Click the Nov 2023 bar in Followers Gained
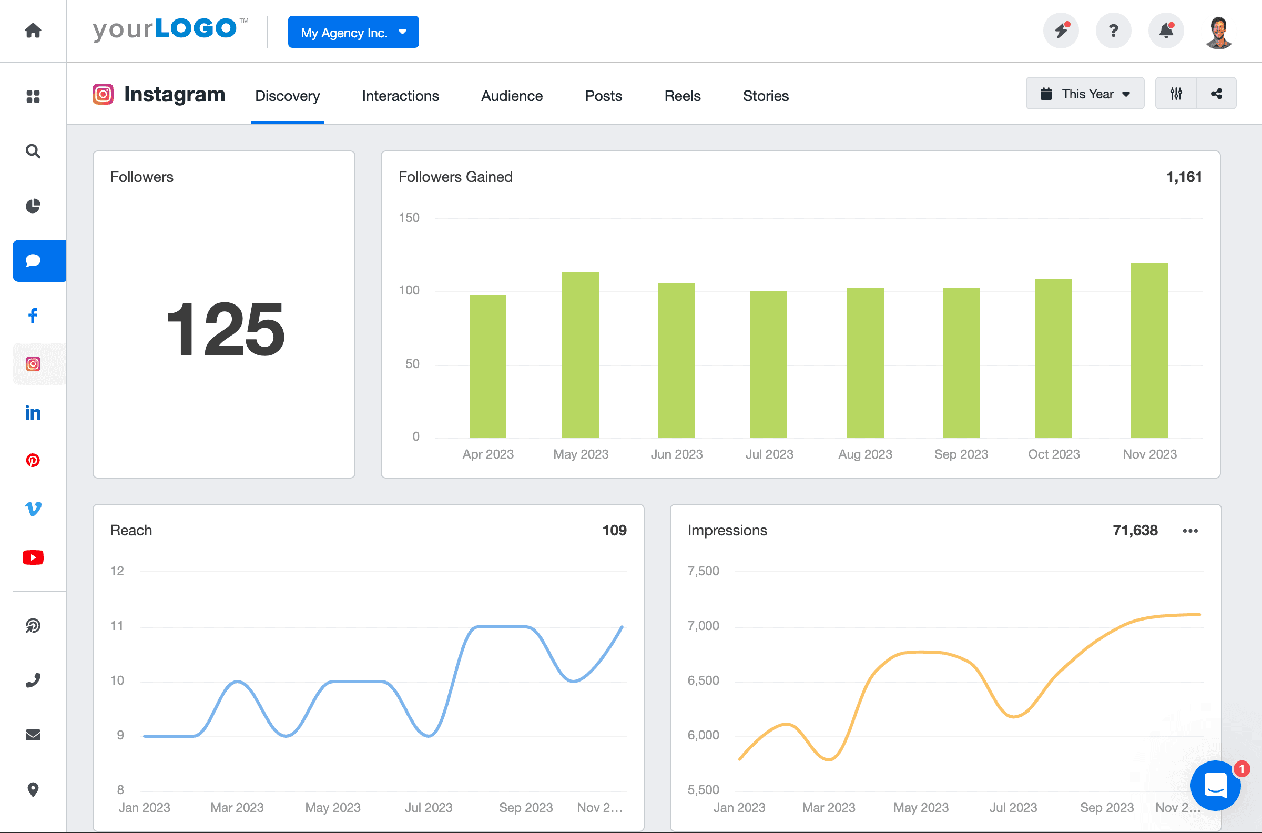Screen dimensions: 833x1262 [x=1149, y=351]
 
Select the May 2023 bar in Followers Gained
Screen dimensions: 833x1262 [x=580, y=355]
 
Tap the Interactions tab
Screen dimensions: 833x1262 [x=401, y=96]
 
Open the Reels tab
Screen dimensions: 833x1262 [x=682, y=96]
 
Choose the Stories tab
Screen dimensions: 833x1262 [x=766, y=96]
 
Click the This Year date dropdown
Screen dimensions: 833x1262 [x=1085, y=94]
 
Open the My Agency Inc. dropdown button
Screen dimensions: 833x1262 [x=353, y=33]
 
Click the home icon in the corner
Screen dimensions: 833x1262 [x=33, y=31]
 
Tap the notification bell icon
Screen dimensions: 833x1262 [x=1166, y=31]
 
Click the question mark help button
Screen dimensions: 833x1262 [x=1113, y=31]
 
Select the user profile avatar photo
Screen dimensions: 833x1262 [x=1218, y=33]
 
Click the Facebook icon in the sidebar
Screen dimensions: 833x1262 [x=33, y=316]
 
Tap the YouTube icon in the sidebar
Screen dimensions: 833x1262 [x=33, y=557]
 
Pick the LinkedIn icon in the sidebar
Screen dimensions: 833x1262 [x=33, y=413]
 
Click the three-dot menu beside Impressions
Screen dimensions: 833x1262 [x=1190, y=531]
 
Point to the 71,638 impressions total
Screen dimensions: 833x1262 [x=1135, y=530]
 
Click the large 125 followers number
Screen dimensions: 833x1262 [x=225, y=329]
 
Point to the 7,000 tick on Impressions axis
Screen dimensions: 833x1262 [x=703, y=626]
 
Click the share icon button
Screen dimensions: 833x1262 [x=1216, y=94]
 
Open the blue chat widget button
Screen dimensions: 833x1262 [x=1215, y=786]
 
